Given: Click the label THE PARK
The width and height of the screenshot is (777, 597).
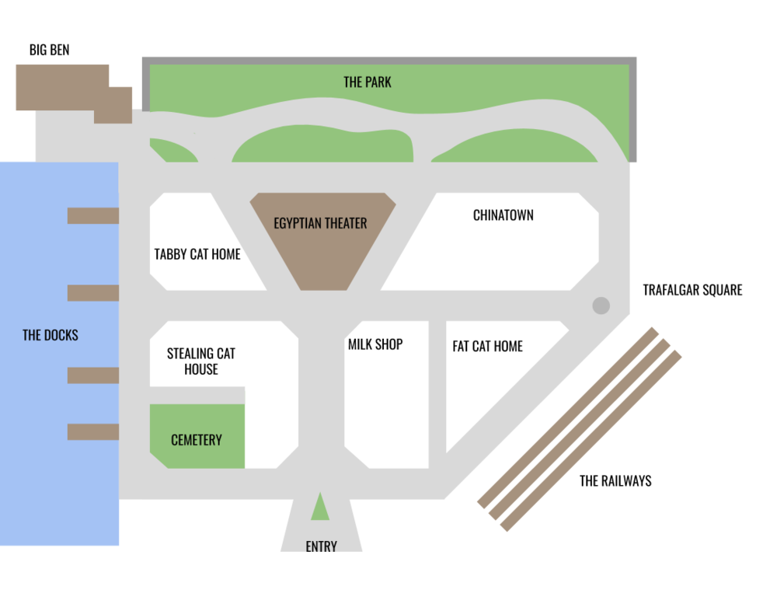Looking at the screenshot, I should [x=367, y=82].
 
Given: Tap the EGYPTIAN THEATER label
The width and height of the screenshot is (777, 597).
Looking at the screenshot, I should [x=320, y=223].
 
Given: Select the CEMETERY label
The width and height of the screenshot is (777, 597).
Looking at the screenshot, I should [x=197, y=440].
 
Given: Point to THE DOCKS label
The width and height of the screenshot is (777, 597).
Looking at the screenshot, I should [x=51, y=335].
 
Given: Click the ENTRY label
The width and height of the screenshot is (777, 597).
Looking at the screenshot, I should [x=321, y=547].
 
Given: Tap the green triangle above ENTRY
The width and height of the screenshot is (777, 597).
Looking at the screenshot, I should [x=320, y=508].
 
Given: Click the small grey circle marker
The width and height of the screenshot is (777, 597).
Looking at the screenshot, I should [x=601, y=305].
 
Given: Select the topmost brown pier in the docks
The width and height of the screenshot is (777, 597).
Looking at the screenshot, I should [x=92, y=215].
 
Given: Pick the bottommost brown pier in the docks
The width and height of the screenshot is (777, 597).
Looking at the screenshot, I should [x=92, y=431].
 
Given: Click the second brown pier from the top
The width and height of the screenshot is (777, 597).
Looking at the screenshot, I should [x=92, y=293].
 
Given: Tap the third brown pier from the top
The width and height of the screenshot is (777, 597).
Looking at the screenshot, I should [x=92, y=375].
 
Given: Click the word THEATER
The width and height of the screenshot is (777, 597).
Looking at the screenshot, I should [x=346, y=223].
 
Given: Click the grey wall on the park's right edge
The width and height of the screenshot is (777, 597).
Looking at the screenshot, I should [x=633, y=109].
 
